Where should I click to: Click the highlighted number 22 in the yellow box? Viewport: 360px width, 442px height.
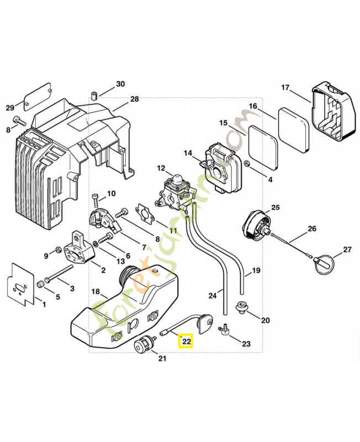pyautogui.click(x=186, y=342)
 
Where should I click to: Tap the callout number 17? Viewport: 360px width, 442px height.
pyautogui.click(x=285, y=87)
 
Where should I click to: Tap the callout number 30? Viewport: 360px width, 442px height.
pyautogui.click(x=120, y=85)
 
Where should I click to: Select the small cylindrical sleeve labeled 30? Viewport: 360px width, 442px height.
pyautogui.click(x=95, y=94)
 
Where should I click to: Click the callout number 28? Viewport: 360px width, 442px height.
pyautogui.click(x=135, y=99)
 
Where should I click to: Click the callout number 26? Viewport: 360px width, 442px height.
pyautogui.click(x=312, y=229)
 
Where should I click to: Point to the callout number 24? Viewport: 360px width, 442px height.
pyautogui.click(x=213, y=296)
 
